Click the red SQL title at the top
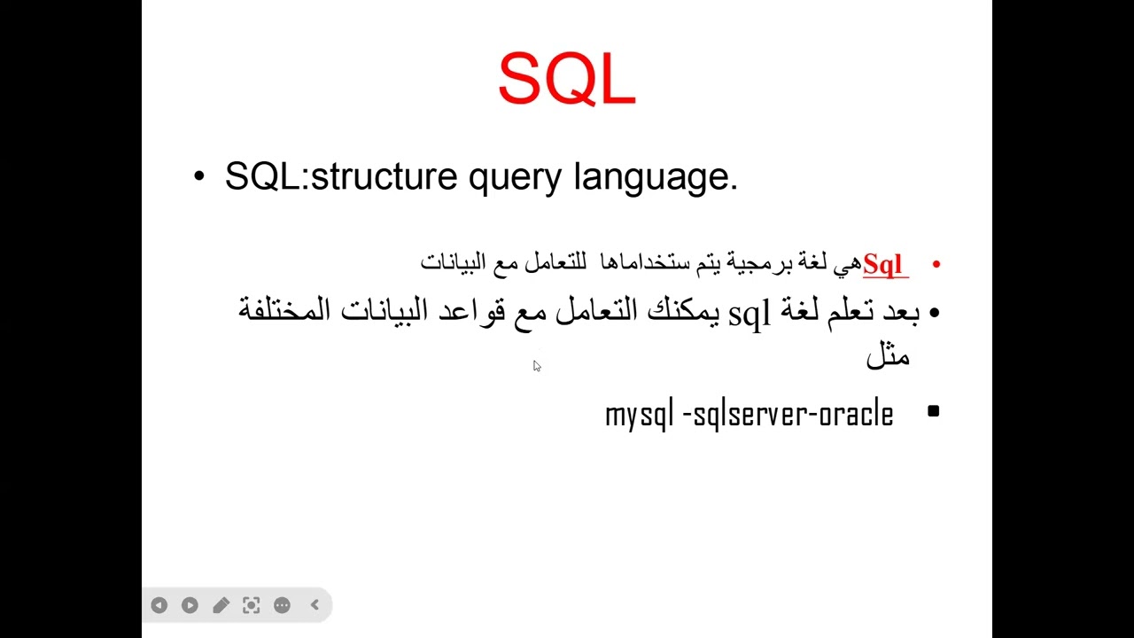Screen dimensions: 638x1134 (567, 80)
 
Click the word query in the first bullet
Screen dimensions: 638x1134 (515, 177)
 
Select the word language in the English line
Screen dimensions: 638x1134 (655, 177)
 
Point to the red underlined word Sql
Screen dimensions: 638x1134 (882, 264)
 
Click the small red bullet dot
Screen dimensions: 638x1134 (936, 264)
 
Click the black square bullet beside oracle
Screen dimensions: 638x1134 (933, 411)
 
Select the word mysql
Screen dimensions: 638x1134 (639, 415)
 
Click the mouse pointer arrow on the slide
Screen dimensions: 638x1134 (536, 365)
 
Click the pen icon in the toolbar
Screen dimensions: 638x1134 (221, 605)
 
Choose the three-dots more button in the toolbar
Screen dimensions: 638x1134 (282, 605)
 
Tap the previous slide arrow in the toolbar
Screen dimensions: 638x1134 (159, 605)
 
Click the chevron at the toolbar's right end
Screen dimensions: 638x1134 (315, 605)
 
